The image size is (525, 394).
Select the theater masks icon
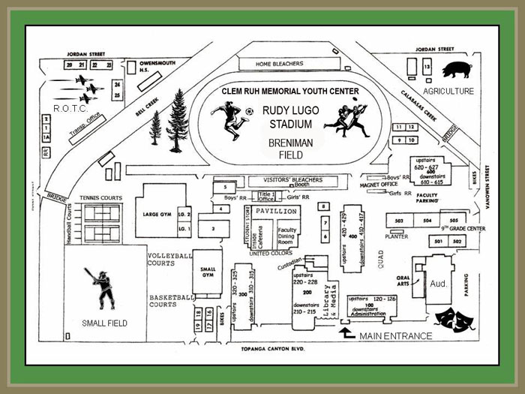tap(454, 316)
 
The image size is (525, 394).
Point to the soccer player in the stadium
tap(229, 121)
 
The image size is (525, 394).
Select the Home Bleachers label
tap(277, 63)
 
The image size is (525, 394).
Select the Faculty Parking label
tap(427, 199)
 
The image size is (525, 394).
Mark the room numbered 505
tap(454, 221)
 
